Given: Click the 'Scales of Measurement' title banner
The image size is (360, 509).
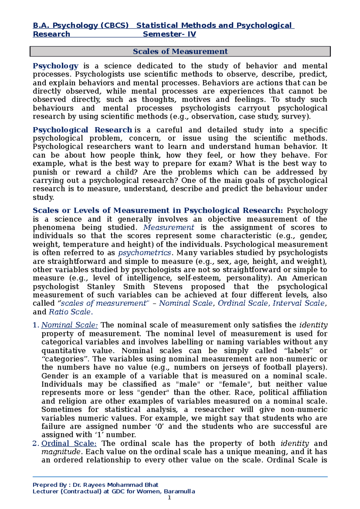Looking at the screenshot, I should coord(180,51).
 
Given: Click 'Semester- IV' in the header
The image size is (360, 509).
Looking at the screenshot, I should coord(169,34).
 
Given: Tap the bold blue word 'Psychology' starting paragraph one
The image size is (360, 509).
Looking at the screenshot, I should coord(55,66).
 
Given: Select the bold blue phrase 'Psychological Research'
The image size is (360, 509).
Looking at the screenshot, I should coord(82,130).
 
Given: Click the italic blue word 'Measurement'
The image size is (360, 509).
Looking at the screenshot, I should coord(169,228).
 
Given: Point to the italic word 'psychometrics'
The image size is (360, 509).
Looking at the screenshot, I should coord(145,253).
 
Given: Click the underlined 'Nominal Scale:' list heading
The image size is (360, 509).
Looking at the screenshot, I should coord(70,325).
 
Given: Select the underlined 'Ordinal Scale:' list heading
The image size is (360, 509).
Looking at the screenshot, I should coord(69,443).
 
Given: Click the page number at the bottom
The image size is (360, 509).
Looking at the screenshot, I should coord(169,498).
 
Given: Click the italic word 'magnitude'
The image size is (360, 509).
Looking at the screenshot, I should coord(61,452).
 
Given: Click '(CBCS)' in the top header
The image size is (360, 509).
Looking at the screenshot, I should coord(114,25).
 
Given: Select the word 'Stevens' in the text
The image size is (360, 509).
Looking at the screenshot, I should coord(168,287).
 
